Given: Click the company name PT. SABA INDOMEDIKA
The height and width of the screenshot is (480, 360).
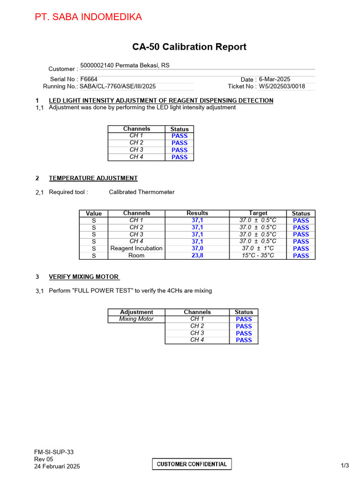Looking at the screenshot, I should pos(88,17).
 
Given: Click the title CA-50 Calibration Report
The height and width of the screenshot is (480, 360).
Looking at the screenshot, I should pos(189,47).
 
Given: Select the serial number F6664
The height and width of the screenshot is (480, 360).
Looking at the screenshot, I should pos(89,79).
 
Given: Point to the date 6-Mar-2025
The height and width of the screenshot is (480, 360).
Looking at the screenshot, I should pos(275,79).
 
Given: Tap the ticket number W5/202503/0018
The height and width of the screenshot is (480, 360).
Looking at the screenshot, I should pos(282,86).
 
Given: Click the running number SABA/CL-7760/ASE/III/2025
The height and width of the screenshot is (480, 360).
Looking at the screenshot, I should pos(118,86).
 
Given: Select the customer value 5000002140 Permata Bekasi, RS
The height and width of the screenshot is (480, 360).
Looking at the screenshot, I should pos(125,66).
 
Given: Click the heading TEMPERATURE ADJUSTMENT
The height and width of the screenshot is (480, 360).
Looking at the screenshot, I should pos(93,178).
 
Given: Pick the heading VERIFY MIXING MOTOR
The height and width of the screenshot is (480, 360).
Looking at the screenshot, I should pos(84,277).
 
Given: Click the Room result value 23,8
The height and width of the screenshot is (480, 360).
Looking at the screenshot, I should pos(197,255).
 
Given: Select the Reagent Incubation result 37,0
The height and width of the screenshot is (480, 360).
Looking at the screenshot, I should pos(197,248).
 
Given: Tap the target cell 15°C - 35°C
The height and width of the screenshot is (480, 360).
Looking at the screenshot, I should pos(258,255).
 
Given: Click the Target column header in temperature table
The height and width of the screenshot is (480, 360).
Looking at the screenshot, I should pos(258,213).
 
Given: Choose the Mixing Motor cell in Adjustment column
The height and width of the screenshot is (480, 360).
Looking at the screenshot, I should pos(136,319).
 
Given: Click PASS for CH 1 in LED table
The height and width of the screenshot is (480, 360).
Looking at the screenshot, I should pos(180,136).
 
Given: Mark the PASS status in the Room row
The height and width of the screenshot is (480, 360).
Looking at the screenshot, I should pos(301,255).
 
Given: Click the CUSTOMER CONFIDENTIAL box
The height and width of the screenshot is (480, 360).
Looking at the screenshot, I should pos(192,464).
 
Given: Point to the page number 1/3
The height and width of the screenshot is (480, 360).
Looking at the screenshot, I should pos(345,465).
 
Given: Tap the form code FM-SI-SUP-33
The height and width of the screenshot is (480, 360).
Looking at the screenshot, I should pos(54,452).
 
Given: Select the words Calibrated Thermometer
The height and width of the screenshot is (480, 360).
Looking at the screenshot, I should pos(142,192).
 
